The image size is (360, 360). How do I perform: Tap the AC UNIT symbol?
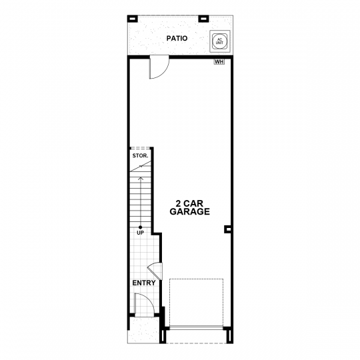[220, 41]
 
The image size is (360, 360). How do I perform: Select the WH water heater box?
[219, 62]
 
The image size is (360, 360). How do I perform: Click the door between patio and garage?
[159, 67]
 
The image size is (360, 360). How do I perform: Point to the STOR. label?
[140, 155]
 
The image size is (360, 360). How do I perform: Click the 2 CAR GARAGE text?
[189, 207]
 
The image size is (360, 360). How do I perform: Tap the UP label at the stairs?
[140, 233]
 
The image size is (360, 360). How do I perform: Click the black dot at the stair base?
[140, 227]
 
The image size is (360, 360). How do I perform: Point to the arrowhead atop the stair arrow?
[140, 178]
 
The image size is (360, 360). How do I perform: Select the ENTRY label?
[144, 283]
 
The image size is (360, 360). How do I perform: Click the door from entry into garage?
[155, 271]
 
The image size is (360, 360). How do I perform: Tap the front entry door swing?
[144, 303]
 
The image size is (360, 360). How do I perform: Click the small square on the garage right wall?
[228, 229]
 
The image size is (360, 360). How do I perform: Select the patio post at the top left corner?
[133, 19]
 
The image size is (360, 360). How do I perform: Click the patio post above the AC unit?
[203, 19]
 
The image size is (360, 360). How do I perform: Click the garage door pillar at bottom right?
[229, 337]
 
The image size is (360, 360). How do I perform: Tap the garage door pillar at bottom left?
[163, 337]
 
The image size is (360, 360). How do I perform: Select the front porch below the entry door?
[144, 330]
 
